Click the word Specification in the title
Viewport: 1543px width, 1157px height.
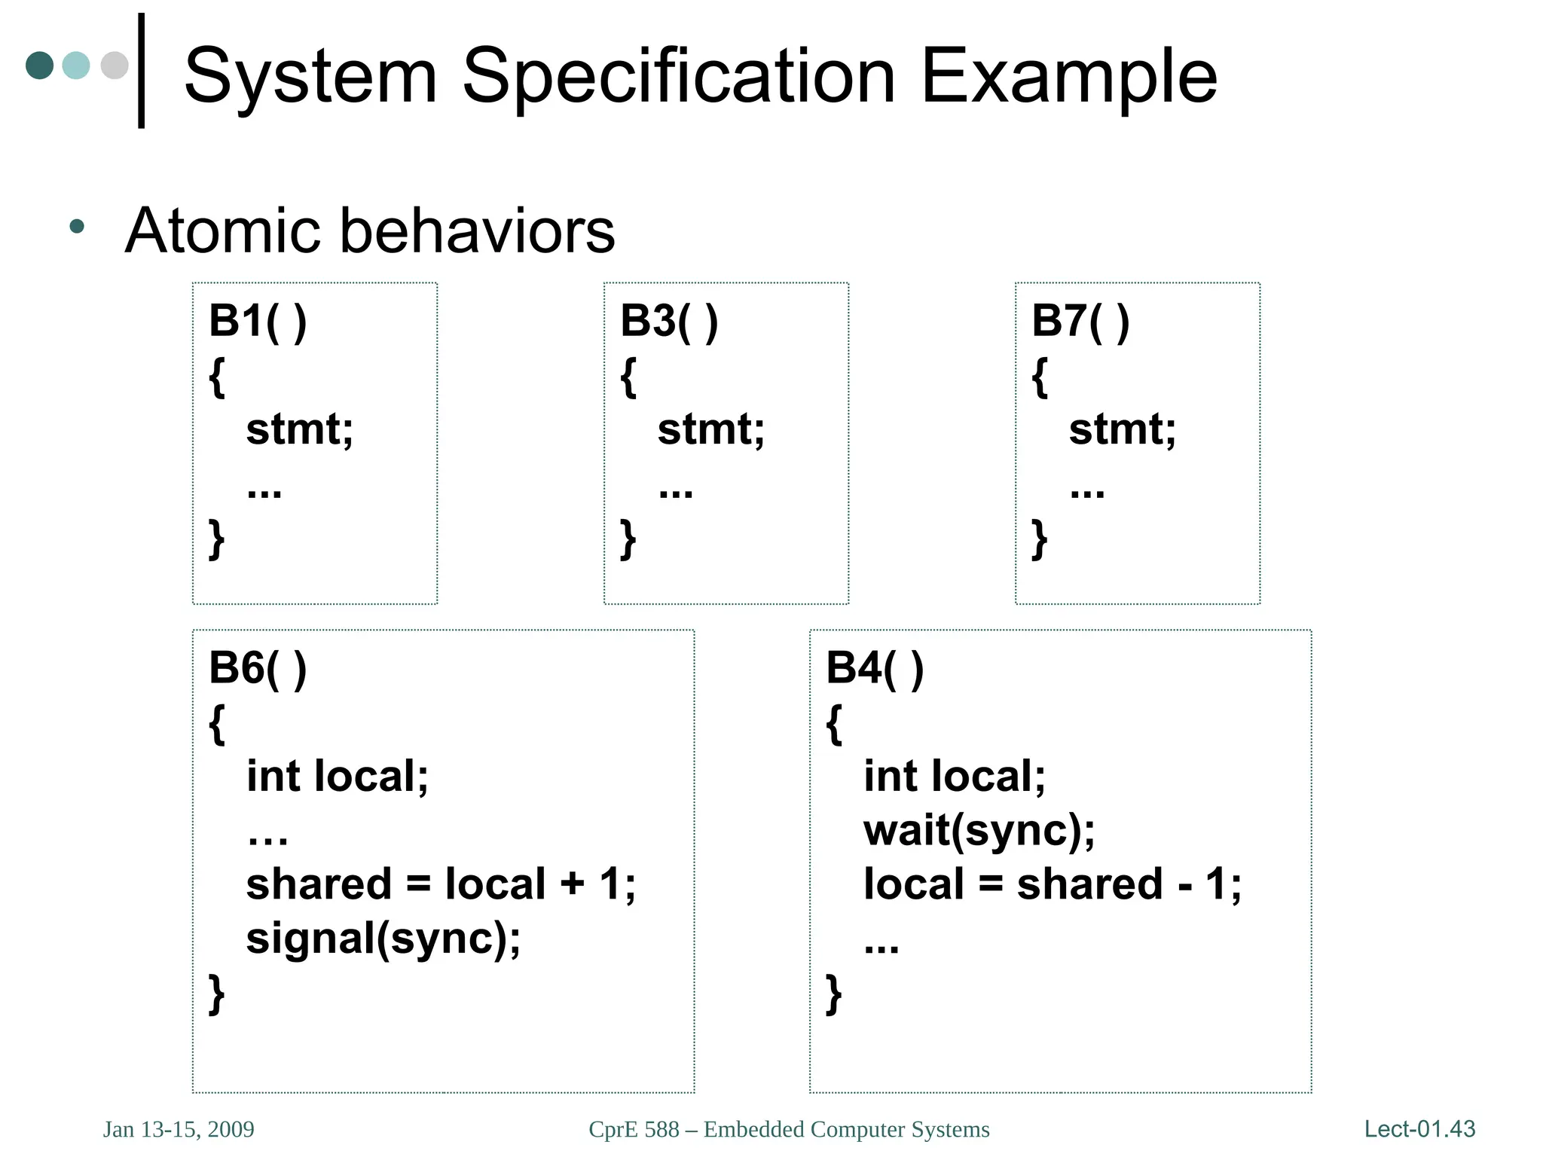pos(678,77)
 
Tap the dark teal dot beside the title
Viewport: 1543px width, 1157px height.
pos(40,66)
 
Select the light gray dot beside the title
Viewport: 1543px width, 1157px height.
pos(115,66)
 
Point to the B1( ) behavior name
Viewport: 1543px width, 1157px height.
pos(258,321)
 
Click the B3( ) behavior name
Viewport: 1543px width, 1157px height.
pos(669,321)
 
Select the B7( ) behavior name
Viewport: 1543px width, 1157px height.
pos(1080,321)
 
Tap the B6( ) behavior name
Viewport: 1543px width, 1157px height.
pos(258,668)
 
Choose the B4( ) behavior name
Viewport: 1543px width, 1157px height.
pos(875,668)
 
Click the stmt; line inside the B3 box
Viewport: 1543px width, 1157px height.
pos(710,429)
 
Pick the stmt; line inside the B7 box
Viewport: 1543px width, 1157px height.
pos(1122,429)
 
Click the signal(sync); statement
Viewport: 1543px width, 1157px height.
pos(383,939)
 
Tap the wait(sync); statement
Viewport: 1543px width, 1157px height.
pos(979,831)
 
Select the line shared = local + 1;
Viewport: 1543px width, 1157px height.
pos(441,884)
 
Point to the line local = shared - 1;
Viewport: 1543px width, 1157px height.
pos(1052,884)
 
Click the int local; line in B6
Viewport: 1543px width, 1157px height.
pos(337,777)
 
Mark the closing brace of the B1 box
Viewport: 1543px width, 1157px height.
pos(216,539)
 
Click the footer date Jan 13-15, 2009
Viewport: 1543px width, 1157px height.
pos(179,1130)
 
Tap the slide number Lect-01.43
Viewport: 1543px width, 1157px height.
pos(1419,1129)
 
